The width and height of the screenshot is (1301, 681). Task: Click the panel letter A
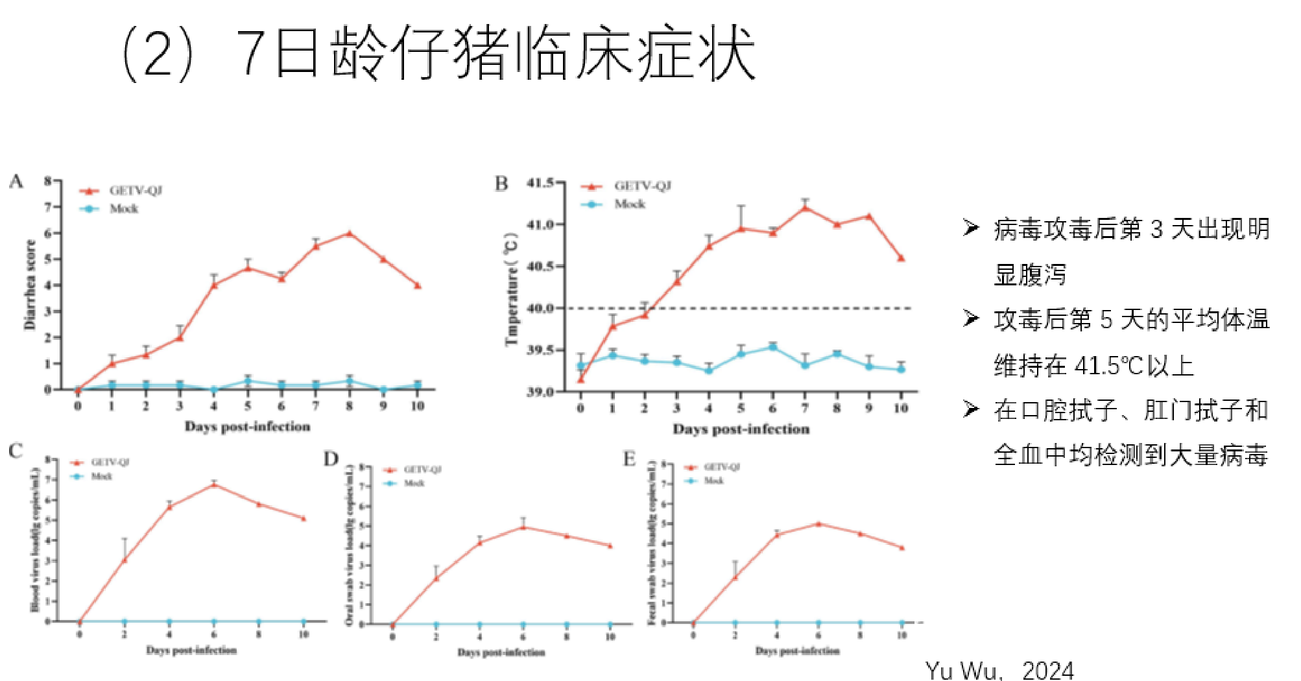pos(16,182)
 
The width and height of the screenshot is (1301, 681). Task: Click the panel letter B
pos(501,184)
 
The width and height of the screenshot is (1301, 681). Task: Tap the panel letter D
pos(331,459)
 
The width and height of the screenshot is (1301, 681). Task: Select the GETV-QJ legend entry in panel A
pos(135,191)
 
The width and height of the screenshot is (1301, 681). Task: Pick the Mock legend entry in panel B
pos(629,204)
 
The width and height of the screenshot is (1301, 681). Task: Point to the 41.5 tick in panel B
pos(540,183)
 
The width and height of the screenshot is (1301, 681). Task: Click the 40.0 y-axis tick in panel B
pos(540,308)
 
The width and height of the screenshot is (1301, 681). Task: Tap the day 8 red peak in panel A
pos(350,233)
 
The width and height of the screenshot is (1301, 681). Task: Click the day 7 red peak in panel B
pos(805,208)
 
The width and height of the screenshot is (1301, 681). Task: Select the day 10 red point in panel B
pos(901,258)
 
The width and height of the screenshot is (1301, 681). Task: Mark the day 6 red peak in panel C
pos(214,484)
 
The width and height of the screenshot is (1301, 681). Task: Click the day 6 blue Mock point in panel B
pos(772,348)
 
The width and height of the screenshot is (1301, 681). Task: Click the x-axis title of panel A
pos(247,427)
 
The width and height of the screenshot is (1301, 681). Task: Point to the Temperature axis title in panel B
pos(512,289)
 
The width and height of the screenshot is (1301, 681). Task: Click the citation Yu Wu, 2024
pos(999,669)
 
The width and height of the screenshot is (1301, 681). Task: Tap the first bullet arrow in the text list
pos(971,228)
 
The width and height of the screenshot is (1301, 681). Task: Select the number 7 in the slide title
pos(250,53)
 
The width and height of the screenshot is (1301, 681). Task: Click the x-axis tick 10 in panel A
pos(417,406)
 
